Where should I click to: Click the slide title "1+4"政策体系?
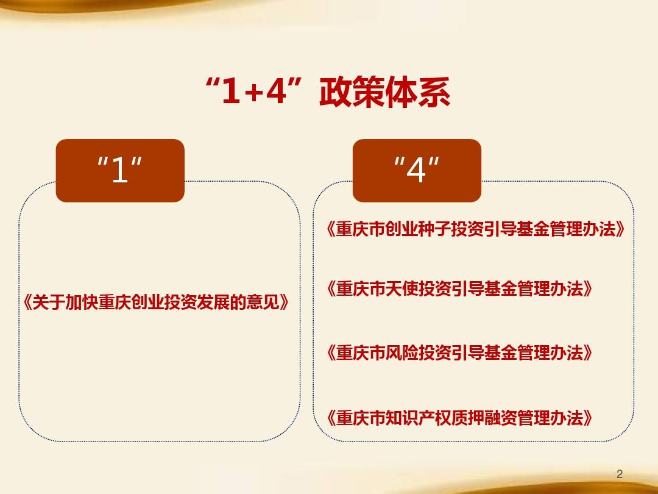coord(329,93)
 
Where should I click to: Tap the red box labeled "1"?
coord(120,170)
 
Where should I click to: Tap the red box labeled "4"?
coord(417,170)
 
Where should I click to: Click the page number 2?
coord(620,474)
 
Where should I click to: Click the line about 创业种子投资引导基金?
coord(475,230)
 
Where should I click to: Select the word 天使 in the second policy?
coord(402,288)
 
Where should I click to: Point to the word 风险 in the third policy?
coord(402,353)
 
